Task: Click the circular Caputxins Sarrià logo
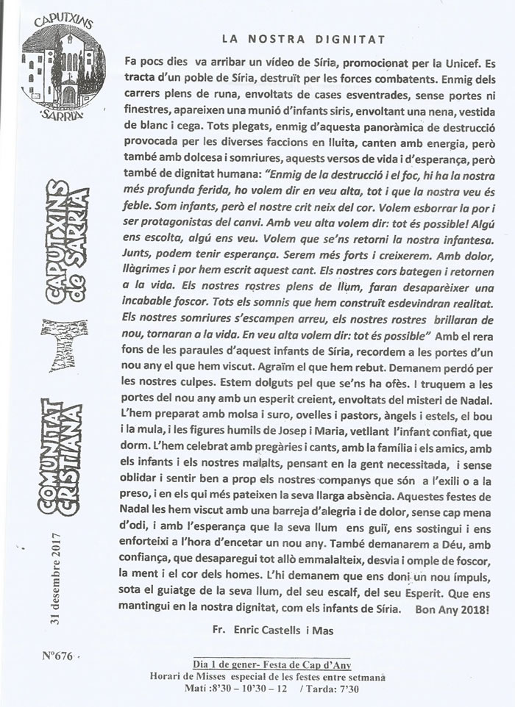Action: [x=63, y=70]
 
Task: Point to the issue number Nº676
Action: [x=56, y=653]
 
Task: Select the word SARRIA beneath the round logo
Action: [x=63, y=115]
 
